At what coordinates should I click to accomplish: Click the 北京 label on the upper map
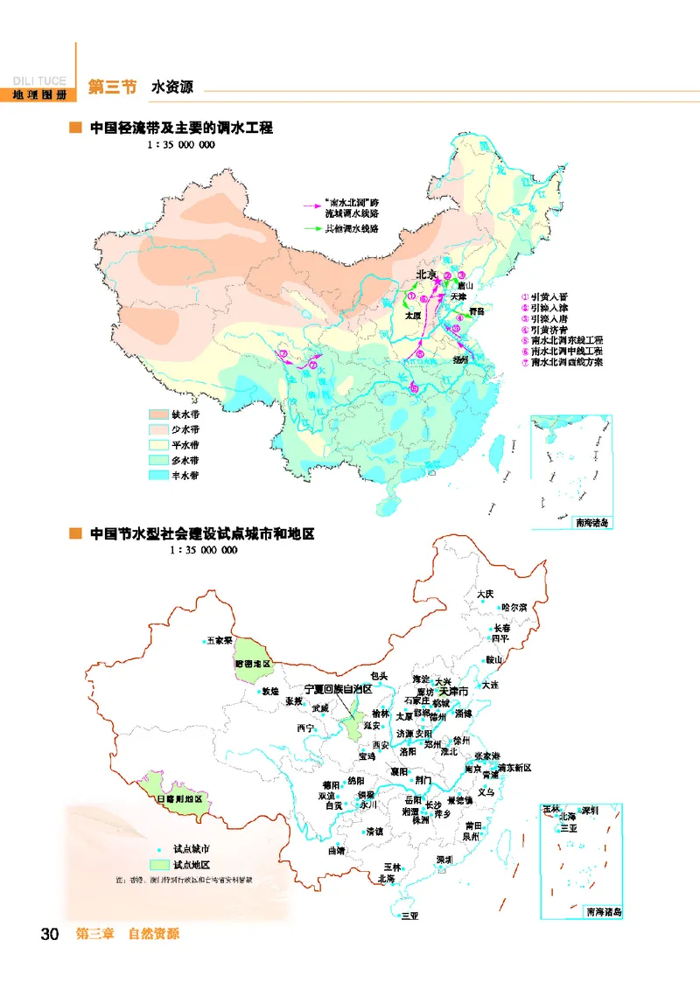pyautogui.click(x=425, y=275)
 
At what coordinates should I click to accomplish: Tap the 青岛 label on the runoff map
pyautogui.click(x=475, y=310)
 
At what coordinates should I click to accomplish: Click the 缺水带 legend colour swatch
pyautogui.click(x=158, y=414)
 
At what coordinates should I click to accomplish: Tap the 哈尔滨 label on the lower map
pyautogui.click(x=514, y=607)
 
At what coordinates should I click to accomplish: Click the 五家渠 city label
pyautogui.click(x=220, y=641)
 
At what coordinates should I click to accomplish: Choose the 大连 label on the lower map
pyautogui.click(x=488, y=685)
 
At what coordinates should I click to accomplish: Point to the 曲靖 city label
pyautogui.click(x=336, y=849)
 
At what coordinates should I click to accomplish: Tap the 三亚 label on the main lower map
pyautogui.click(x=409, y=916)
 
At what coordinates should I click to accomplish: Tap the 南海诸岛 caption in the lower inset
pyautogui.click(x=603, y=911)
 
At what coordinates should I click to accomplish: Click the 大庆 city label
pyautogui.click(x=486, y=595)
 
